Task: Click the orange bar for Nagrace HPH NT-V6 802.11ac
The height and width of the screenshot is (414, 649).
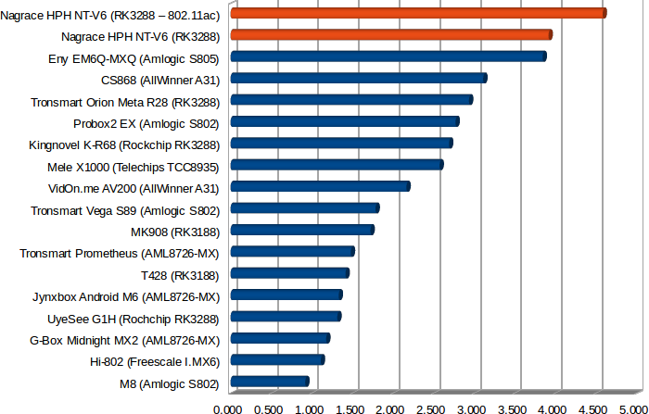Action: point(417,13)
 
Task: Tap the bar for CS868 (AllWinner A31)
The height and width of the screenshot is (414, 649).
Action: point(358,78)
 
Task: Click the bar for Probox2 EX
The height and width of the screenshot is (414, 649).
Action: point(344,121)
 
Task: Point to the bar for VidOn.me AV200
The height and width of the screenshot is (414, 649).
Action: point(319,186)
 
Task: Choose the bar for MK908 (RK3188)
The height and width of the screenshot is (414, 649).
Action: point(301,230)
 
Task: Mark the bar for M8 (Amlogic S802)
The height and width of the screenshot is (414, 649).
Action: point(269,382)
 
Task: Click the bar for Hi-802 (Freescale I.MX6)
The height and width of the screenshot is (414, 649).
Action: point(276,359)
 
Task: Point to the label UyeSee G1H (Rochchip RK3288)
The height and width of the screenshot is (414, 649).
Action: point(133,318)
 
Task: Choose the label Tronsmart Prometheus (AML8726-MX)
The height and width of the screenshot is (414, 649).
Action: point(119,252)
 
